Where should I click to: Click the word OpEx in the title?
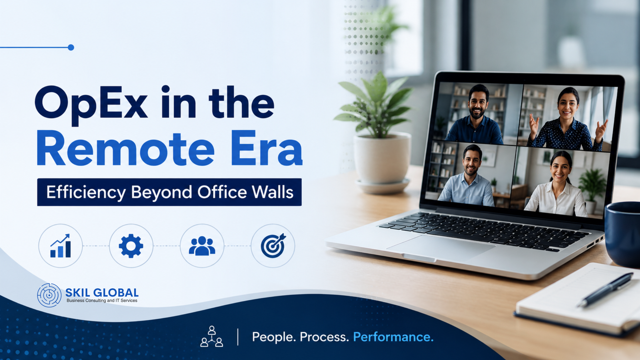91,104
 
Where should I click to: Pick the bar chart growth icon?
60,246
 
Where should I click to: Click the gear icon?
131,246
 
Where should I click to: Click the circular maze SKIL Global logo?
49,295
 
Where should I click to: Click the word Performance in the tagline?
393,337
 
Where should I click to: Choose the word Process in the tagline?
324,337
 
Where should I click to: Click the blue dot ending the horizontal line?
71,47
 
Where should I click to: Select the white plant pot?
382,161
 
